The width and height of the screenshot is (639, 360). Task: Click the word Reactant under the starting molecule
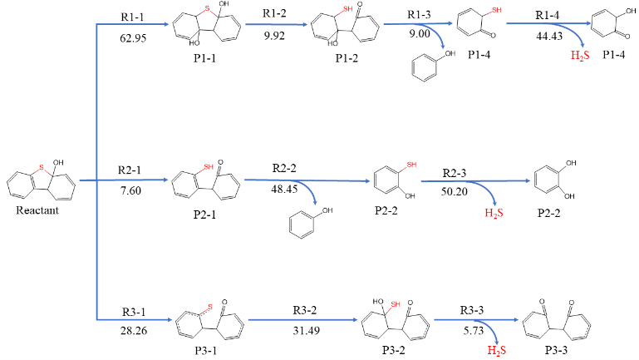pyautogui.click(x=36, y=211)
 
